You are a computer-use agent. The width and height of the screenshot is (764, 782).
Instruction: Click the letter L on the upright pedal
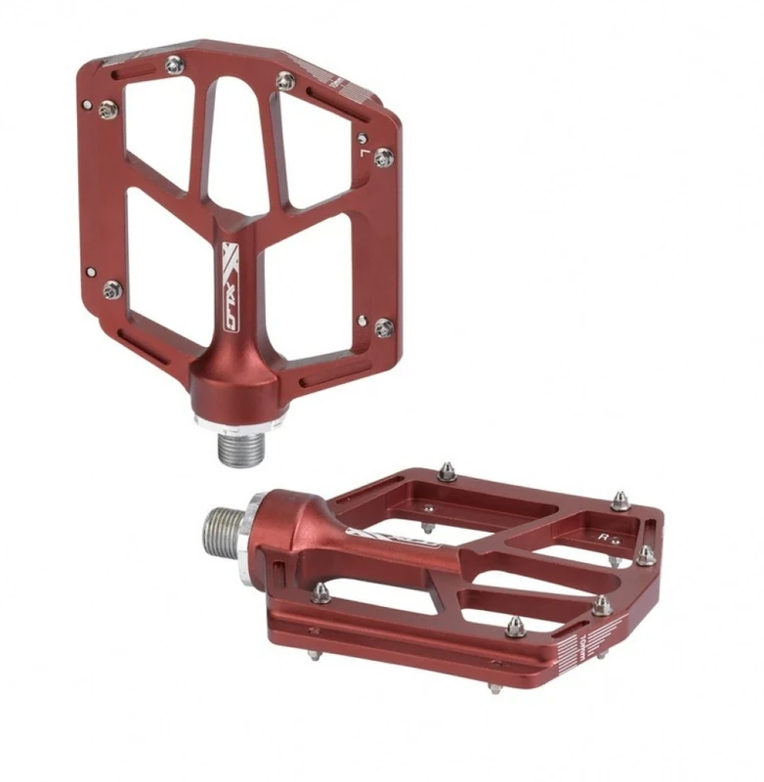(x=362, y=152)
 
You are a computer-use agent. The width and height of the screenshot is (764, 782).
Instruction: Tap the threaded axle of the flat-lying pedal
(x=221, y=529)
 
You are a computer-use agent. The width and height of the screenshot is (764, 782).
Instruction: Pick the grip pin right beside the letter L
(x=383, y=156)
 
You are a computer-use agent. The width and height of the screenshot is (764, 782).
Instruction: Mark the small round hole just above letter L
(x=362, y=138)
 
